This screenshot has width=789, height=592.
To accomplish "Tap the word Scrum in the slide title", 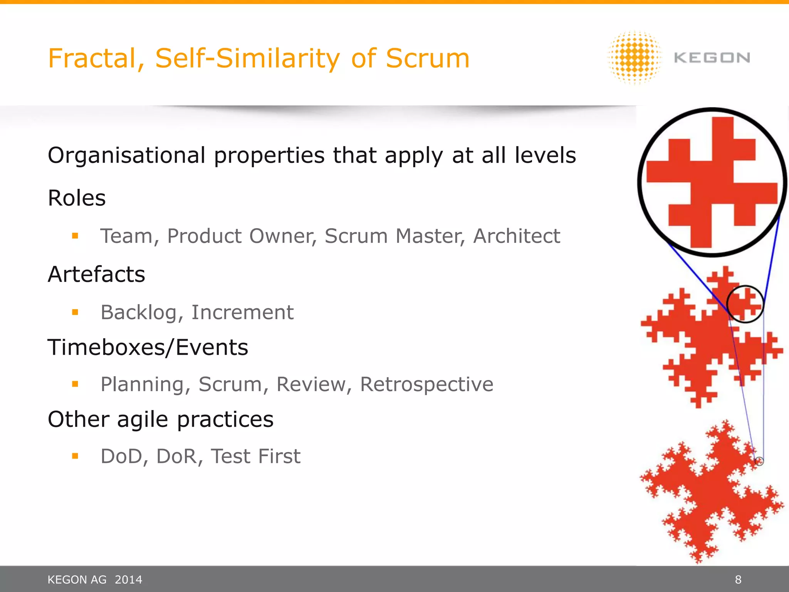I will tap(427, 59).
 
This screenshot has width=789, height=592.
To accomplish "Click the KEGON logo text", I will tap(712, 58).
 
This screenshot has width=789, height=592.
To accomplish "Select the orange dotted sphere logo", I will tap(635, 58).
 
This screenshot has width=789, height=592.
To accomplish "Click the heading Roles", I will tap(77, 198).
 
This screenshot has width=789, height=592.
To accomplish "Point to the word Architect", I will tap(516, 236).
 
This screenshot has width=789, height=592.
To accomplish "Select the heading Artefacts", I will tap(96, 274).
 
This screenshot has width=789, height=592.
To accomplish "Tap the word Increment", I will tap(242, 312).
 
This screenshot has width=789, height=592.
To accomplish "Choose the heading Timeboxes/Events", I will tap(148, 347).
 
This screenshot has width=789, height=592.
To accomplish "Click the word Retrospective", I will tap(426, 384).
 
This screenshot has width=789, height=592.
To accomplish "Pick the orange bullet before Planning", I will tap(75, 384).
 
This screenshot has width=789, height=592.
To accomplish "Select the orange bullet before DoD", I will tap(75, 456).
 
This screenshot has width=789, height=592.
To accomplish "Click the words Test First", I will tap(255, 456).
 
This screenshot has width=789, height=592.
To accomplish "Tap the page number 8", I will tap(738, 579).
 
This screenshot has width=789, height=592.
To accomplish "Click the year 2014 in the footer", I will tap(128, 579).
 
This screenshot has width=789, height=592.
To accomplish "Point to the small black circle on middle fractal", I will tap(745, 304).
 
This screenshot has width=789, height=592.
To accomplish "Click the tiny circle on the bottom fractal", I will tap(759, 461).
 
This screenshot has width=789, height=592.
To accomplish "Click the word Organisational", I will tap(126, 155).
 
